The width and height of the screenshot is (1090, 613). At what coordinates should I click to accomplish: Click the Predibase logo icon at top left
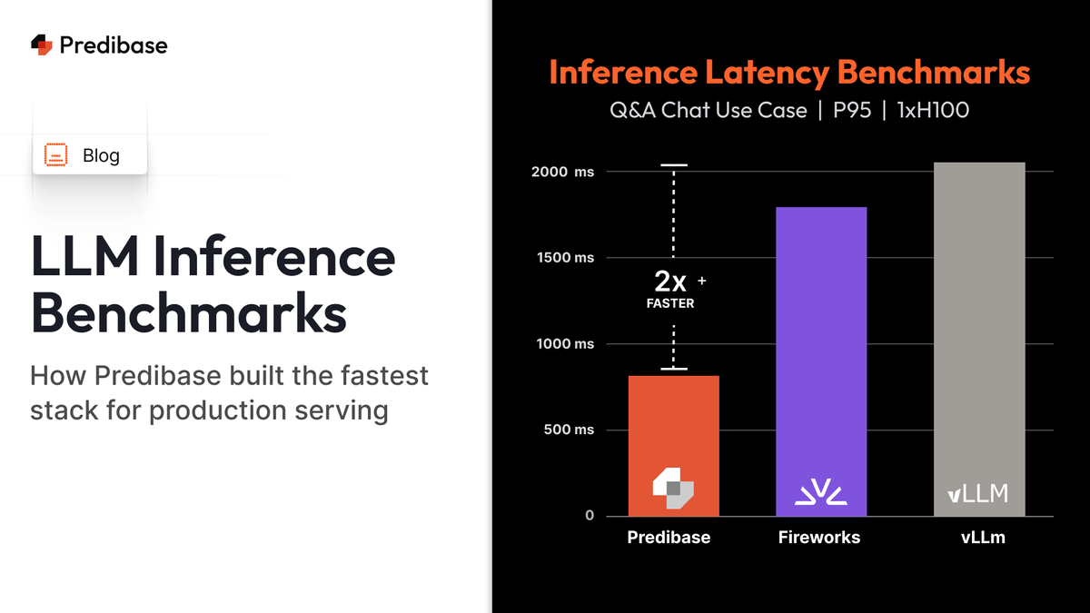coord(42,44)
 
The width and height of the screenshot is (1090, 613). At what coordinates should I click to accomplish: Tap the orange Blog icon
coord(56,154)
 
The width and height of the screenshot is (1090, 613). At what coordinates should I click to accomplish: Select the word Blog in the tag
coord(101,155)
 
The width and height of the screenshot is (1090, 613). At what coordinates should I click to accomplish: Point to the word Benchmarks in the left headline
coord(189,312)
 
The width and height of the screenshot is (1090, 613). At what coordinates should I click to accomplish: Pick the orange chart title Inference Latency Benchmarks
coord(789,72)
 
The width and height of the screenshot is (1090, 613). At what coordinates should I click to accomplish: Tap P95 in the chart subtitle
coord(852,110)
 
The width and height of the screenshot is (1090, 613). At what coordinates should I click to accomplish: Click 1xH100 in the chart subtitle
coord(933,110)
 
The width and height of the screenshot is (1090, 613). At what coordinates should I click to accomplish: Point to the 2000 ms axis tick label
coord(562,172)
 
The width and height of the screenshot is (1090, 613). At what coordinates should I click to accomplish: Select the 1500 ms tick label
coord(565,257)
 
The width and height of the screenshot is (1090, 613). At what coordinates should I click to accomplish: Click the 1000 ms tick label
coord(565,344)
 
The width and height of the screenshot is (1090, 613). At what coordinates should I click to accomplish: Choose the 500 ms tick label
coord(569,430)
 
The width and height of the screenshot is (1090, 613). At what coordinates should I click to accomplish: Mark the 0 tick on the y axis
coord(590,515)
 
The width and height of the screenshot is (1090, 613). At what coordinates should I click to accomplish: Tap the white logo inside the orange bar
coord(673,489)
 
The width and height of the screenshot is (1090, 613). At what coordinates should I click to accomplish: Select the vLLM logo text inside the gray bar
coord(977,493)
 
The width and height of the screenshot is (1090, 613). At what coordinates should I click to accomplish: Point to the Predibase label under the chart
coord(669,537)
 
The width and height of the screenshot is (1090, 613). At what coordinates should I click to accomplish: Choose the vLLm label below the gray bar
coord(983,537)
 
